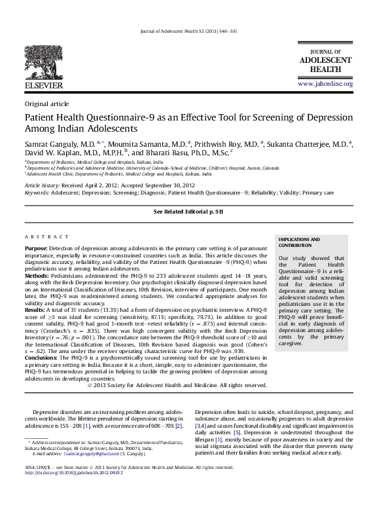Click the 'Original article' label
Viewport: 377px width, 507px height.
tap(46, 104)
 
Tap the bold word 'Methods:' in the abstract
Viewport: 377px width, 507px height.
tap(38, 278)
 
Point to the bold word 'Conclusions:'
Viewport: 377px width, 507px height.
tap(43, 358)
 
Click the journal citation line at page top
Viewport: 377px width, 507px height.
tap(188, 32)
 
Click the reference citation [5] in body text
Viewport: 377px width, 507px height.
tap(237, 433)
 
